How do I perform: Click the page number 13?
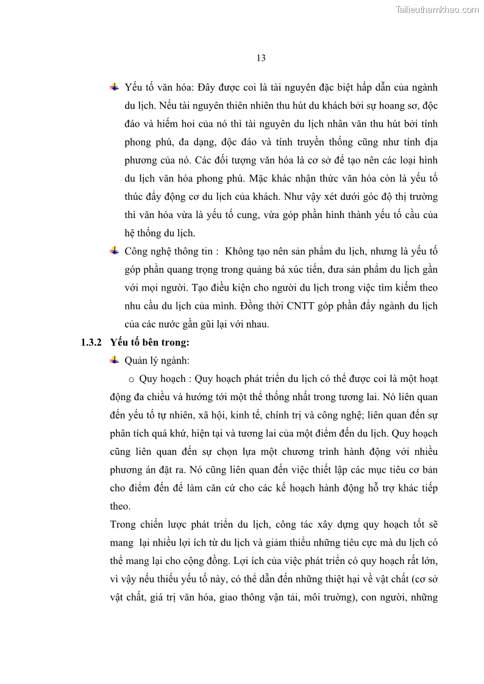[261, 58]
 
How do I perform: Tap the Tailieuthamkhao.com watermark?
[436, 9]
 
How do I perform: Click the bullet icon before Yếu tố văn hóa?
[114, 87]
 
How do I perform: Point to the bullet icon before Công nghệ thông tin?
[114, 251]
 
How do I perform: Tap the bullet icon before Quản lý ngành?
[114, 360]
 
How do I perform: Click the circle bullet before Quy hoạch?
[131, 379]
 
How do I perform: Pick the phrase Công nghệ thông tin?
[164, 252]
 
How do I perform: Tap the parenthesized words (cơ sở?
[421, 579]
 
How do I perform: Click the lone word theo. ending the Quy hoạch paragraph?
[120, 506]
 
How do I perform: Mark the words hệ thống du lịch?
[160, 233]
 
